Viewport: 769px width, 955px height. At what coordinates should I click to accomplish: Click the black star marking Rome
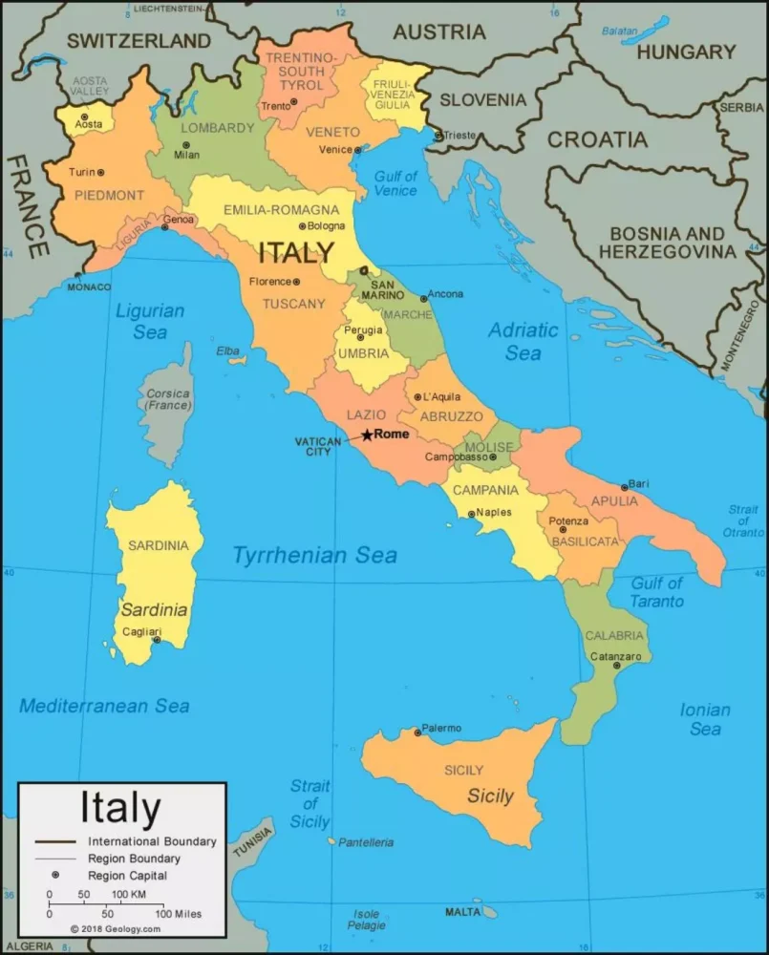pyautogui.click(x=367, y=435)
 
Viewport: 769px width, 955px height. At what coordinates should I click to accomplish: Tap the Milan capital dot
pyautogui.click(x=186, y=146)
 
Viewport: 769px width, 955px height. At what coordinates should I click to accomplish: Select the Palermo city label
pyautogui.click(x=441, y=728)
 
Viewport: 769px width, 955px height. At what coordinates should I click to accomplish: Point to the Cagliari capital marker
pyautogui.click(x=157, y=641)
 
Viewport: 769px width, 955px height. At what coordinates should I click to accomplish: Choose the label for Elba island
pyautogui.click(x=227, y=350)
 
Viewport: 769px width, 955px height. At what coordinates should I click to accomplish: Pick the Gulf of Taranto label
pyautogui.click(x=656, y=592)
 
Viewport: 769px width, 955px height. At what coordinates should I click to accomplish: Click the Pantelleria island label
pyautogui.click(x=366, y=842)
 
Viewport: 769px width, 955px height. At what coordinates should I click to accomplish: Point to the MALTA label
pyautogui.click(x=463, y=912)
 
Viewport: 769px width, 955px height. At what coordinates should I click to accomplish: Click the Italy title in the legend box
pyautogui.click(x=120, y=808)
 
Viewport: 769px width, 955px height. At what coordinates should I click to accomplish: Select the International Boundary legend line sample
pyautogui.click(x=56, y=841)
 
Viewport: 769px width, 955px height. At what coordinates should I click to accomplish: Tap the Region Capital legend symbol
pyautogui.click(x=56, y=875)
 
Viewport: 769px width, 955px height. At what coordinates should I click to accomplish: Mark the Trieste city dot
pyautogui.click(x=438, y=136)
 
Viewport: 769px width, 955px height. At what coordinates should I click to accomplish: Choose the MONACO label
pyautogui.click(x=89, y=286)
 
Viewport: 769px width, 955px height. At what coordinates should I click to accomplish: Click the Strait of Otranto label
pyautogui.click(x=743, y=521)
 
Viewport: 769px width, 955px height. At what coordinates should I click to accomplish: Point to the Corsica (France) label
pyautogui.click(x=168, y=399)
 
